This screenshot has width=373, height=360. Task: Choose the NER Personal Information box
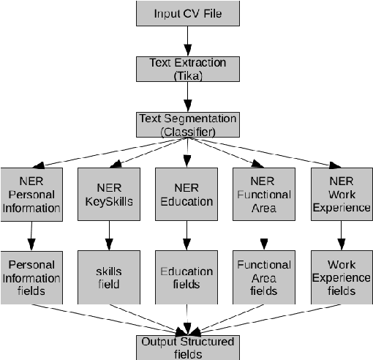click(x=31, y=194)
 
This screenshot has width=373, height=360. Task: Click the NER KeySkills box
click(x=108, y=194)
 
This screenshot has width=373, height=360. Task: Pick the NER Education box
click(x=186, y=194)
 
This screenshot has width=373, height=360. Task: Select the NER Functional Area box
click(x=263, y=194)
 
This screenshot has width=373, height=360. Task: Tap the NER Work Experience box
click(x=340, y=194)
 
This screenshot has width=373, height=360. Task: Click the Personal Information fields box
click(x=31, y=277)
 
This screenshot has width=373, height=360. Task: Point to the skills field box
click(x=108, y=277)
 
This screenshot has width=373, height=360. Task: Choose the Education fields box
click(x=186, y=277)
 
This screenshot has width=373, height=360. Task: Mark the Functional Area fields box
click(x=263, y=277)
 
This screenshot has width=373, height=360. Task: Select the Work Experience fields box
click(x=340, y=277)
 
